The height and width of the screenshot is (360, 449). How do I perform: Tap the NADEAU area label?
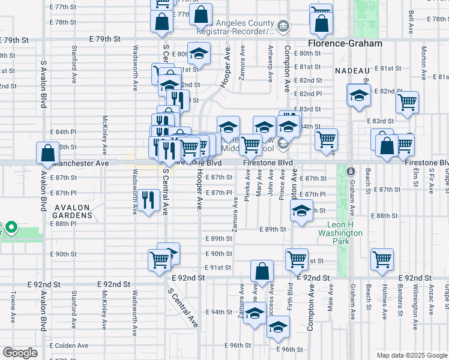[x=351, y=71]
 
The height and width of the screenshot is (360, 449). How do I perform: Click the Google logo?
[x=20, y=353]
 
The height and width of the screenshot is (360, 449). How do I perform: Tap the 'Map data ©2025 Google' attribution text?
[x=412, y=355]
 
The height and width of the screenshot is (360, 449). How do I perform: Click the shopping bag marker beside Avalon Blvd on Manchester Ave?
[x=47, y=153]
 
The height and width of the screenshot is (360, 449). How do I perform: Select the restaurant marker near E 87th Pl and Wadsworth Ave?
[x=148, y=200]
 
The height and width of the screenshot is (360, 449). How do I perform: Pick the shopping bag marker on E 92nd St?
[x=262, y=271]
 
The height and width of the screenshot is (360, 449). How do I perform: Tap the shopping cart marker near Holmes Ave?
[x=382, y=259]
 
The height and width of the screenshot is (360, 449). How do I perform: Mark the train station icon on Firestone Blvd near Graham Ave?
[x=352, y=172]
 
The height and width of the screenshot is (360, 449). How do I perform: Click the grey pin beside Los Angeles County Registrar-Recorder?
[x=283, y=26]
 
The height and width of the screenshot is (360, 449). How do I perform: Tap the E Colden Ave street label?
[x=69, y=346]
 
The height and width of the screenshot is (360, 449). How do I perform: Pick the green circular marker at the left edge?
[x=12, y=228]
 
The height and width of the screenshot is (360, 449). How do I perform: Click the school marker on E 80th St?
[x=199, y=54]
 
